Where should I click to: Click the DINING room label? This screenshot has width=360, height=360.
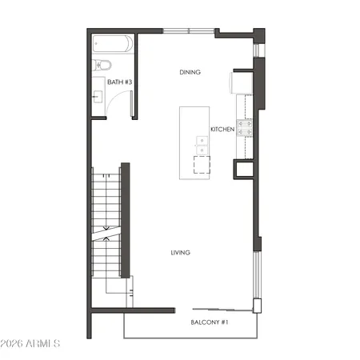click(190, 73)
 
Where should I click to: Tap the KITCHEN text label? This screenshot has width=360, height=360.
click(222, 129)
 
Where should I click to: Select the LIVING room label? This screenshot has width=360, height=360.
click(180, 253)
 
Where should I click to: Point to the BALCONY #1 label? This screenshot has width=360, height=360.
click(210, 322)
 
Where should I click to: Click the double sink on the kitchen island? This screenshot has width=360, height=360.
click(201, 146)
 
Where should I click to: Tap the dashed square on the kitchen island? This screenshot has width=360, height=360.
click(199, 165)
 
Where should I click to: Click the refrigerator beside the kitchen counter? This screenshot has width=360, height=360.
click(241, 82)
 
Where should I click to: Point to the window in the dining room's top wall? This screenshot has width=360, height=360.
click(188, 32)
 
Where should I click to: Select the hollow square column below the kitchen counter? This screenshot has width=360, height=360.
click(242, 169)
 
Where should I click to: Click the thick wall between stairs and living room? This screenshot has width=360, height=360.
click(125, 219)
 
